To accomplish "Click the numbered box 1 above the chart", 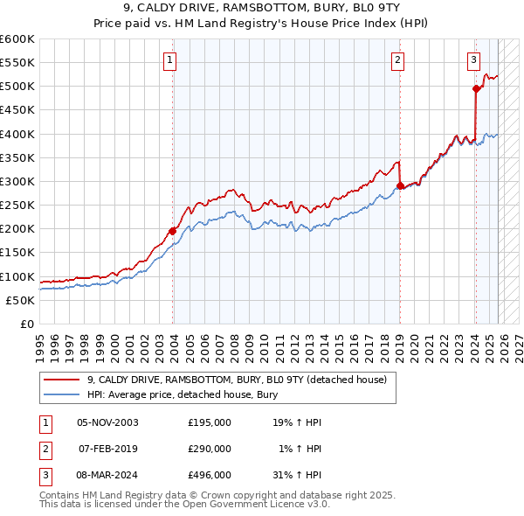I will point(169,60).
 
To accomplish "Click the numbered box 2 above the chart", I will point(397,60).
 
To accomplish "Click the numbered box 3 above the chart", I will point(473,60).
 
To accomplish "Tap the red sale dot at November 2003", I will point(172,231).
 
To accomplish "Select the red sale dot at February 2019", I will point(400,185).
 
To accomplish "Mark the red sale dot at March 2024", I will point(476,88).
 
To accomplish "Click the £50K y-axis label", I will point(20,300).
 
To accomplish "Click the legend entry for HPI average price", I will point(182,394).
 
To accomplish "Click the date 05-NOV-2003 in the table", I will point(107,422).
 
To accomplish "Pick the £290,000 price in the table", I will point(210,449).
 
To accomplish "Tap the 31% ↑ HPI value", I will point(297,475).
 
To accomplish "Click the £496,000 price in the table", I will point(210,475).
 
